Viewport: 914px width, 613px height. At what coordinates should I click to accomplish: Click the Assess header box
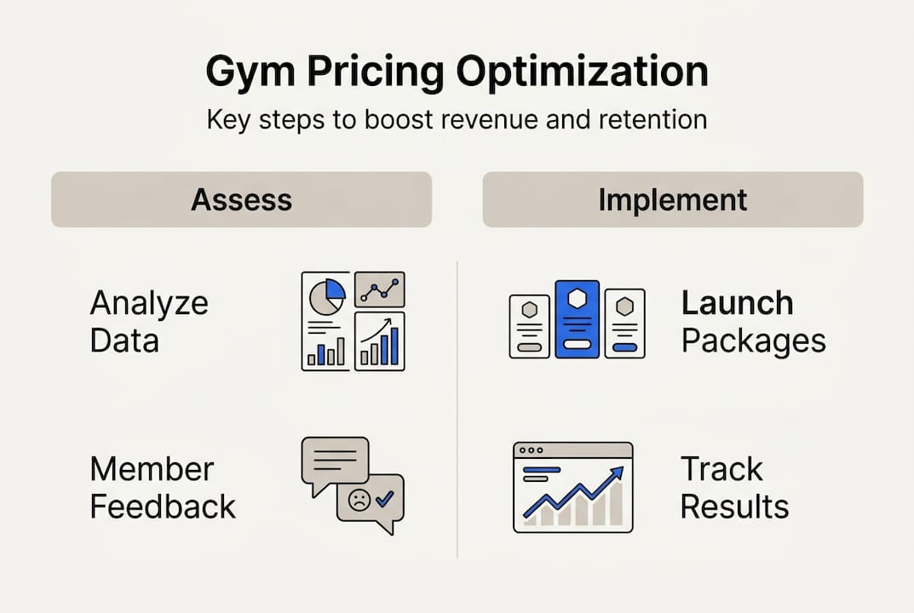(241, 200)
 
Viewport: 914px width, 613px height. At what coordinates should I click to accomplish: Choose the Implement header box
(673, 200)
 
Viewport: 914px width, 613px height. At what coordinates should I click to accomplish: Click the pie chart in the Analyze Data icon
(326, 295)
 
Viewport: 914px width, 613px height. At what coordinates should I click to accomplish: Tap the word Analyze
(149, 303)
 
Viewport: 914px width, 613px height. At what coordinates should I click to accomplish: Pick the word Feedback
(163, 507)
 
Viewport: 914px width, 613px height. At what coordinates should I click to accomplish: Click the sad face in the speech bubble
(358, 500)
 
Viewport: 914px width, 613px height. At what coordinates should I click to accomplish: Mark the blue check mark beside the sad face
(383, 500)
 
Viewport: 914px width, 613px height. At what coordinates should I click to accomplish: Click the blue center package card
(577, 319)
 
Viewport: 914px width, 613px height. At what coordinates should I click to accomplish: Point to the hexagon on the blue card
(577, 298)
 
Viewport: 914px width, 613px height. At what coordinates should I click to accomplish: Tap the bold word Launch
(737, 303)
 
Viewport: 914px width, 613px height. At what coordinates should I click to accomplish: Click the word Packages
(754, 341)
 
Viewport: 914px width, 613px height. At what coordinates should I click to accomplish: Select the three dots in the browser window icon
(530, 450)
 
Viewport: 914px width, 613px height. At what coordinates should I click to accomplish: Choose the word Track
(721, 469)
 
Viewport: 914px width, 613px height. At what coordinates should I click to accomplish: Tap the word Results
(734, 507)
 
